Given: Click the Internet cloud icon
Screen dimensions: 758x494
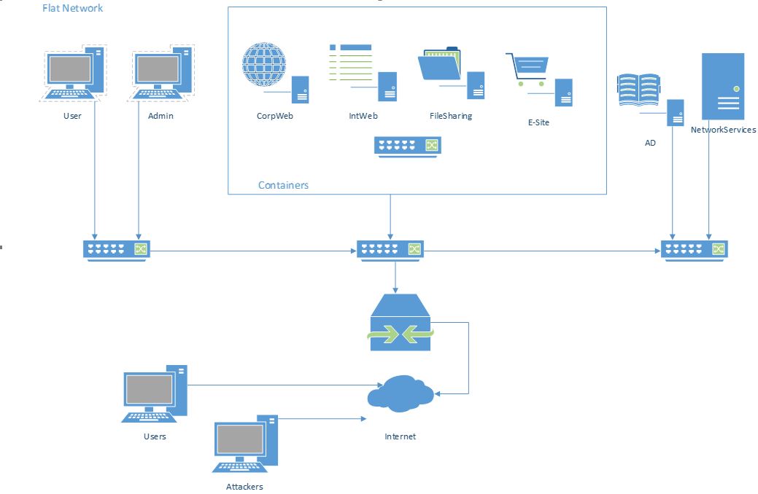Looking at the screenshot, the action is (401, 393).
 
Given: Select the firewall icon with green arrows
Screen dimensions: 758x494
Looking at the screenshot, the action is (401, 322).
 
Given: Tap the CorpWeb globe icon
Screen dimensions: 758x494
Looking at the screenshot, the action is (264, 64).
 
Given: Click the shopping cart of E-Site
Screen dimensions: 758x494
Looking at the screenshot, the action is (527, 69).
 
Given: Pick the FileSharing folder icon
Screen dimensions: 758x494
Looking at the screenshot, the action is (440, 63).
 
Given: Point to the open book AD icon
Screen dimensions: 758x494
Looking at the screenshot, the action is (638, 90).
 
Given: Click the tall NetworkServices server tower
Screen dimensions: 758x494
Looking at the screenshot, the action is (723, 87).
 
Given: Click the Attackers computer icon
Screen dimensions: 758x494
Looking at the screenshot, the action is (245, 444).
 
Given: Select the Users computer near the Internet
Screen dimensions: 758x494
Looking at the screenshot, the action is (154, 394).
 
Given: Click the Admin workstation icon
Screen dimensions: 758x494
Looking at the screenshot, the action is (161, 72).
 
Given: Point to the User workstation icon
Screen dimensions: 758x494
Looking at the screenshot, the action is (73, 72).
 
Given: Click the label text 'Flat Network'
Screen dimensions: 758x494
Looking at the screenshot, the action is (72, 8).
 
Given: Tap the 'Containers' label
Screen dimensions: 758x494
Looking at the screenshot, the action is (283, 185).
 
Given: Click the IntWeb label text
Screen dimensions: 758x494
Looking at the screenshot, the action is (363, 116).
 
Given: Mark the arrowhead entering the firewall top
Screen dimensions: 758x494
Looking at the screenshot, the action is (395, 291).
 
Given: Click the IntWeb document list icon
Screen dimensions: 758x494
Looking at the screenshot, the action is (351, 63).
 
